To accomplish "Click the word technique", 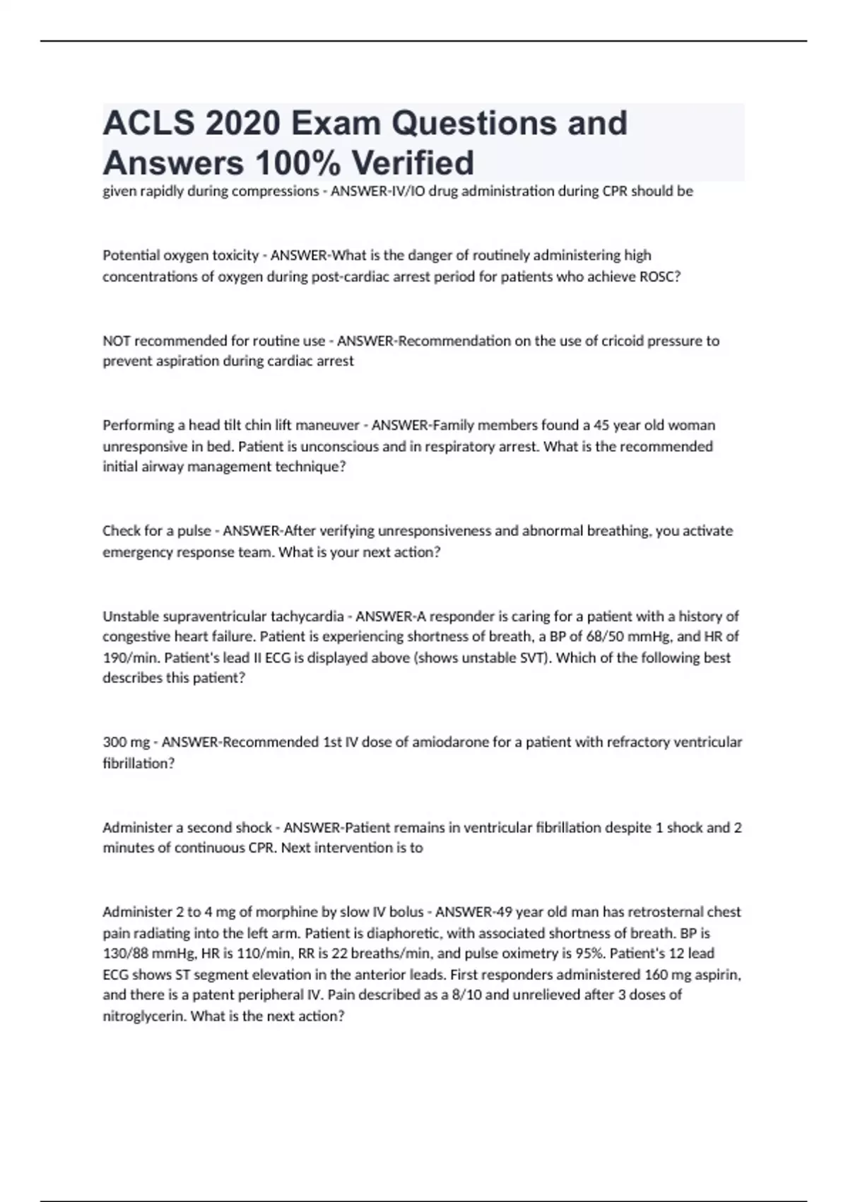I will [x=310, y=467].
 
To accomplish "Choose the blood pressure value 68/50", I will [x=603, y=636].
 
